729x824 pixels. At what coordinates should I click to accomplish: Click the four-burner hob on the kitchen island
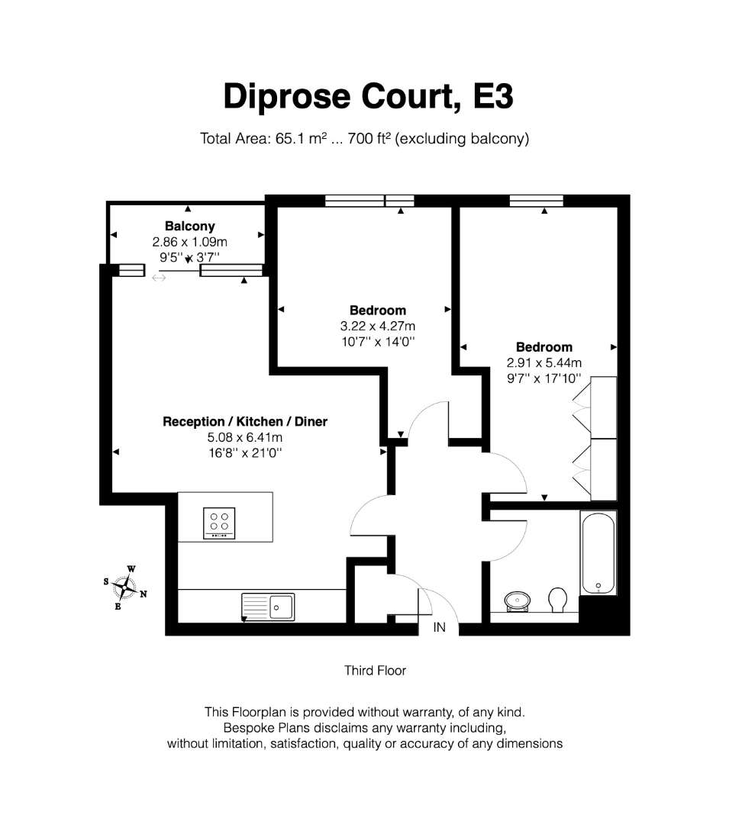coord(219,523)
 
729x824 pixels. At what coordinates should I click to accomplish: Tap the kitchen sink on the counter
coord(268,607)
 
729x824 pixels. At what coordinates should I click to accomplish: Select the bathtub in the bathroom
coord(598,553)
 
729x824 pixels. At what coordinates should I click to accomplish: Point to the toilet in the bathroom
coord(558,600)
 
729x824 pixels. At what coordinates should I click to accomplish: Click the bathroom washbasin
coord(518,601)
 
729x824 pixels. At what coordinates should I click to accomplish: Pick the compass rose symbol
coord(124,587)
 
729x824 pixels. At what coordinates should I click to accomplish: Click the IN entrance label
coord(440,627)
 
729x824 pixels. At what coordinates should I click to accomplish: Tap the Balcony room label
coord(190,226)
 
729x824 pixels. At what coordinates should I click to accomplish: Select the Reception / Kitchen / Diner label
coord(245,421)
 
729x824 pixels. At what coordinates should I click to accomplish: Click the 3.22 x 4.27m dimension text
coord(378,326)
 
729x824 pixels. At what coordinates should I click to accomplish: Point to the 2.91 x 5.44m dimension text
coord(544,362)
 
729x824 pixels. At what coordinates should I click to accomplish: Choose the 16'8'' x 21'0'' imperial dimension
coord(245,452)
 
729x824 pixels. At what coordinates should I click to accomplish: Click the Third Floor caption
coord(376,671)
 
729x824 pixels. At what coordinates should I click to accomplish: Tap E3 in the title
coord(493,96)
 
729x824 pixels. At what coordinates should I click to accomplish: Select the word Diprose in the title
coord(286,97)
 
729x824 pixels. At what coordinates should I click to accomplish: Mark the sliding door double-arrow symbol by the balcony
coord(159,278)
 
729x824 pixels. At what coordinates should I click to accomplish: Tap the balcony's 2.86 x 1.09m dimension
coord(190,242)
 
